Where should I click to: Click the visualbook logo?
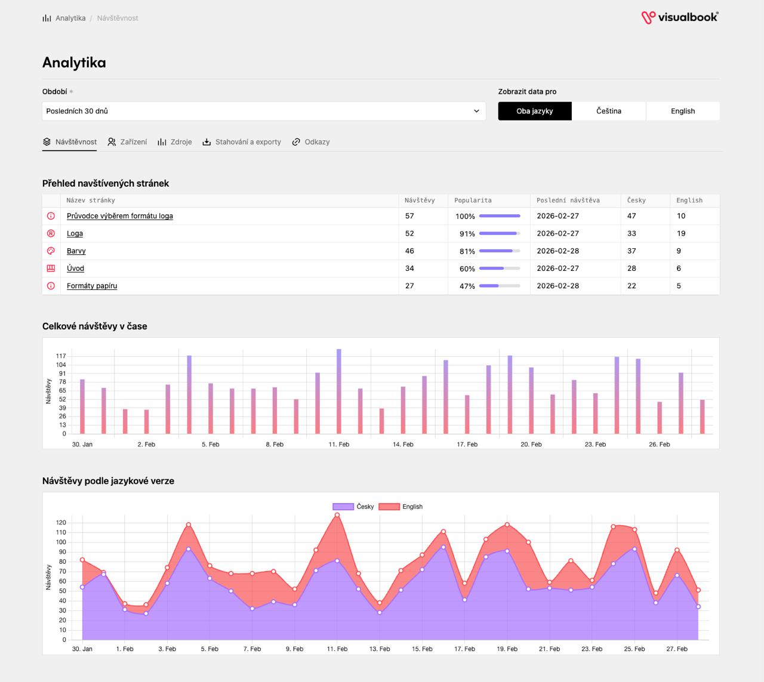click(x=679, y=17)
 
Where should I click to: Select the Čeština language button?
click(x=609, y=111)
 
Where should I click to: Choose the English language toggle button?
click(x=683, y=111)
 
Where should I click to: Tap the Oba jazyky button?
click(x=535, y=111)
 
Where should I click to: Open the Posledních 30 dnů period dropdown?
click(x=264, y=111)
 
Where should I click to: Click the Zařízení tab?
click(x=128, y=142)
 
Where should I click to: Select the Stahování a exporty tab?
click(x=242, y=142)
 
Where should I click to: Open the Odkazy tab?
click(x=311, y=142)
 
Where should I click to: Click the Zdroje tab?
click(x=175, y=142)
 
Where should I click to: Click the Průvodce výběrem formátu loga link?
click(x=120, y=216)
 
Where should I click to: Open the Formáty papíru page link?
click(x=92, y=286)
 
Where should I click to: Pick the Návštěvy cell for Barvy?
click(x=409, y=251)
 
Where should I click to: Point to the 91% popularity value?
click(x=467, y=234)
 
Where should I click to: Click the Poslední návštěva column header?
click(x=568, y=200)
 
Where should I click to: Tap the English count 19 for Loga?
click(x=680, y=233)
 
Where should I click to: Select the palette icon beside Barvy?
click(x=51, y=251)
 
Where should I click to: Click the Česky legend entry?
click(x=353, y=507)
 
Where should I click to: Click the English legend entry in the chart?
click(x=401, y=507)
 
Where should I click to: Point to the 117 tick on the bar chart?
click(x=61, y=356)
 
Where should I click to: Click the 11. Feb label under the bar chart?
click(x=338, y=444)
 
